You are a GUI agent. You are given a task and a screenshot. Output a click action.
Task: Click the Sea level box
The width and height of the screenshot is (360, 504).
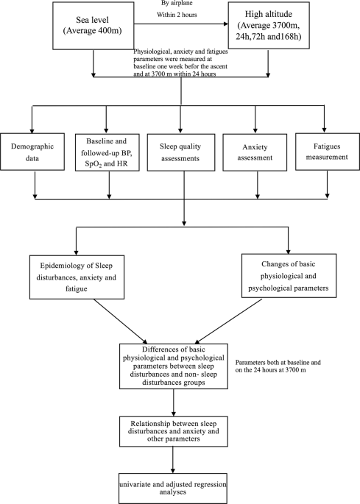93,26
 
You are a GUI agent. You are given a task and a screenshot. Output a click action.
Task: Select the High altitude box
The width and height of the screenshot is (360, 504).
269,26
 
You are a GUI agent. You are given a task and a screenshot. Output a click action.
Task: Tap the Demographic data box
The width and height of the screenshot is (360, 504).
32,152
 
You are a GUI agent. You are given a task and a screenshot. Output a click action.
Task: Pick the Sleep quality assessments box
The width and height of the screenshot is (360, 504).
181,152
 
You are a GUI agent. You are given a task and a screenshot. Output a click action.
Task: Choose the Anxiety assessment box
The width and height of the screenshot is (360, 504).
255,152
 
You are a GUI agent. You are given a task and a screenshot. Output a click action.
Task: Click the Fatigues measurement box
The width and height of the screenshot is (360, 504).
327,152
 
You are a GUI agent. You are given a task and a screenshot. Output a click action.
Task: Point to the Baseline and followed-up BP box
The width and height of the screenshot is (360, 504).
107,152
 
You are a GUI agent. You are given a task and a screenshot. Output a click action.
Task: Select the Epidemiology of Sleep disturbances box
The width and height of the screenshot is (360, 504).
77,277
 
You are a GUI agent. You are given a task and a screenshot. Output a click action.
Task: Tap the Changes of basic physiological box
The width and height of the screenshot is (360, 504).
289,275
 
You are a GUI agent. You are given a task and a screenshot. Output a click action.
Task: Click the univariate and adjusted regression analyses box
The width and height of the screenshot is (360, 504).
173,489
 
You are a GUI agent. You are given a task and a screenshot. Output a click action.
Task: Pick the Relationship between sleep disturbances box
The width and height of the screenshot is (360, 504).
174,431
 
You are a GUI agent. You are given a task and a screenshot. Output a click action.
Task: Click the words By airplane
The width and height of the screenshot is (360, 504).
177,4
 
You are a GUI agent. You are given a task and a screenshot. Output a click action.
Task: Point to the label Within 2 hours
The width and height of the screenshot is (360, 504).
177,15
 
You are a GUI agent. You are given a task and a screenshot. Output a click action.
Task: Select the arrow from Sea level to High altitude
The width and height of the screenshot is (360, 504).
181,24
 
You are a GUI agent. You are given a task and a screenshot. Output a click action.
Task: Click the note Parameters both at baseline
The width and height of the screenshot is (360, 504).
278,366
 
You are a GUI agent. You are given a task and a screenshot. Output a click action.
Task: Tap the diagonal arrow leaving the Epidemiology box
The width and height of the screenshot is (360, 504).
120,321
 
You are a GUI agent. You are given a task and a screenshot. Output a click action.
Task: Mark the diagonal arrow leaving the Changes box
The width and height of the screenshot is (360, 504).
228,321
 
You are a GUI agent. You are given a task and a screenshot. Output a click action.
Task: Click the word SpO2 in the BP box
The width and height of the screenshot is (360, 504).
93,164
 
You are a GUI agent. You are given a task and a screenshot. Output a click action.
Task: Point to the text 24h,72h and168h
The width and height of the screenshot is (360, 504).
268,37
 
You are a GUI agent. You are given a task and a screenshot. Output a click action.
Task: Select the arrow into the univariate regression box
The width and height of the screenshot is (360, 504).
173,460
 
